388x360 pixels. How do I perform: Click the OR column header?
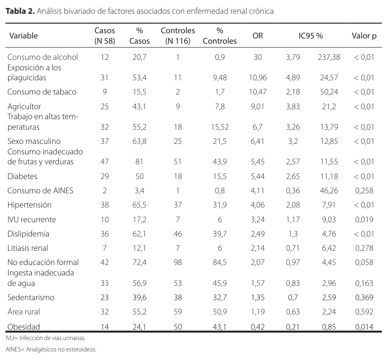pyautogui.click(x=258, y=36)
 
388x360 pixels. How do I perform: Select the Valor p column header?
pyautogui.click(x=364, y=36)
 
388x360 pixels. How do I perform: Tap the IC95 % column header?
pyautogui.click(x=311, y=36)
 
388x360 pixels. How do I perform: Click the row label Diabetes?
pyautogui.click(x=22, y=176)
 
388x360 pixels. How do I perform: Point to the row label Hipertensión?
pyautogui.click(x=29, y=205)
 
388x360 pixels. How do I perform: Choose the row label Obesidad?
pyautogui.click(x=24, y=327)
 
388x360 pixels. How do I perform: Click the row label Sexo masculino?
pyautogui.click(x=34, y=141)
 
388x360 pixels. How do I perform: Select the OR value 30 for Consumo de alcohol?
pyautogui.click(x=258, y=57)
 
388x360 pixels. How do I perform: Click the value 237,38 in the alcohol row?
pyautogui.click(x=329, y=57)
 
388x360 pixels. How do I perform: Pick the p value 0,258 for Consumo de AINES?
pyautogui.click(x=364, y=190)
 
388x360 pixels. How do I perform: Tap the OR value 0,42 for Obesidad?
pyautogui.click(x=258, y=327)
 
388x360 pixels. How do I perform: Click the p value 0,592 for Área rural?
pyautogui.click(x=364, y=312)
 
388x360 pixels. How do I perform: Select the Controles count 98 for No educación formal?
pyautogui.click(x=178, y=262)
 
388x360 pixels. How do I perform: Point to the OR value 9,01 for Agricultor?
pyautogui.click(x=258, y=106)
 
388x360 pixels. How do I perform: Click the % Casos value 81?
pyautogui.click(x=139, y=161)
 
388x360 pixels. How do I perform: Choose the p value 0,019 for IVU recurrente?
pyautogui.click(x=364, y=219)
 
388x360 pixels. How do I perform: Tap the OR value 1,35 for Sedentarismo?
pyautogui.click(x=258, y=297)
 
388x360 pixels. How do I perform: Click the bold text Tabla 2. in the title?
pyautogui.click(x=20, y=11)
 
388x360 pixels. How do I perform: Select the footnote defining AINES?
pyautogui.click(x=51, y=350)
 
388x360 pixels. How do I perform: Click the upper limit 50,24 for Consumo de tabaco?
pyautogui.click(x=329, y=92)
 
